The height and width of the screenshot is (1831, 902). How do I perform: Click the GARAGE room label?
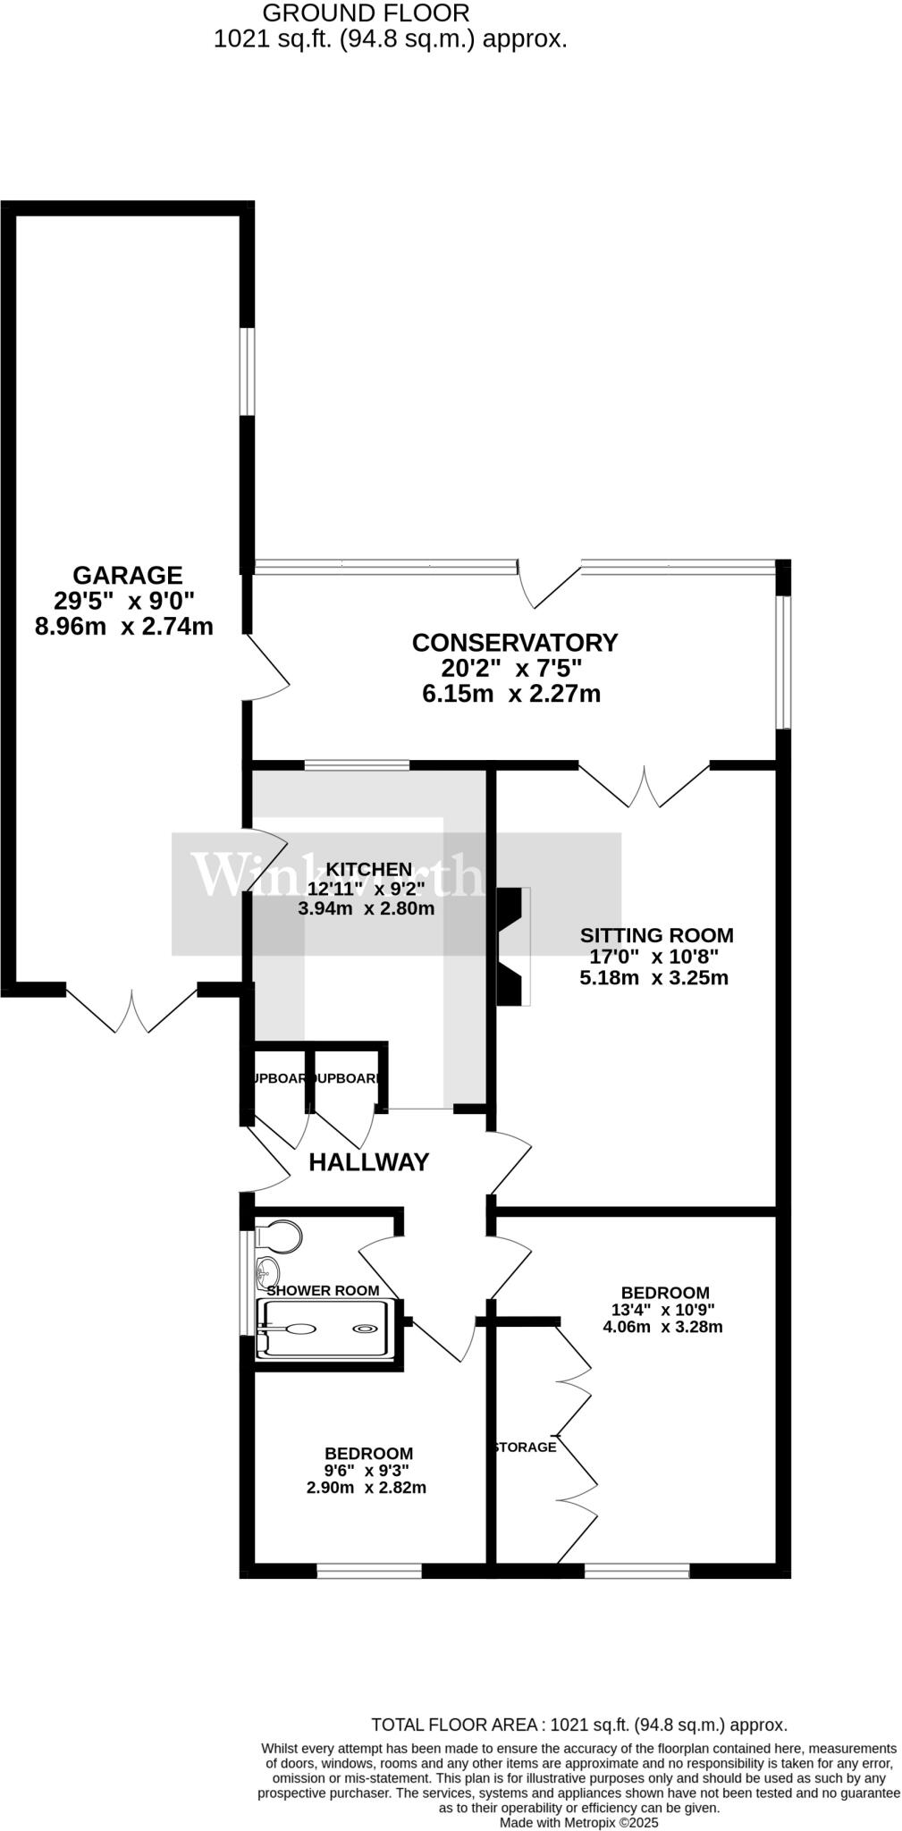coord(127,575)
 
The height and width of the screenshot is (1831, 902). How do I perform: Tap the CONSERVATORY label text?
coord(514,642)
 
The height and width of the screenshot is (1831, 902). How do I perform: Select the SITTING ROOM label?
coord(656,935)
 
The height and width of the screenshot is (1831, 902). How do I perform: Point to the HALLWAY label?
coord(368,1162)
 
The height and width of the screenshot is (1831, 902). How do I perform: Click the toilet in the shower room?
coord(280,1237)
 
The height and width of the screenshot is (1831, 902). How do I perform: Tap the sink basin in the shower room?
coord(266,1270)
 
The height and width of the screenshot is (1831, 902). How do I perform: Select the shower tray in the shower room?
coord(324,1329)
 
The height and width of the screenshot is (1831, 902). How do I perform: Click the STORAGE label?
coord(527,1447)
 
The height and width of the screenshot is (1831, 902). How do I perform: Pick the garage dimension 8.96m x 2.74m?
coord(123,626)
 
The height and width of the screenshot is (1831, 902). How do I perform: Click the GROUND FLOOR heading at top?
coord(366,13)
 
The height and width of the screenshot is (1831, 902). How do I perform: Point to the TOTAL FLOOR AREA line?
coord(578,1725)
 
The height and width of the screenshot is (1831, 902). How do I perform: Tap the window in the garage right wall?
coord(247,371)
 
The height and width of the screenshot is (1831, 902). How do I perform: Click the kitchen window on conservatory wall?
coord(356,765)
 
